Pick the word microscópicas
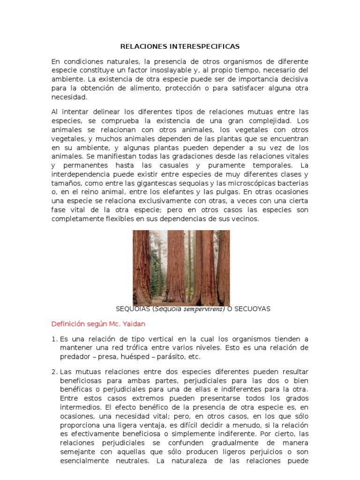[258, 183]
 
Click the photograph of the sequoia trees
[181, 267]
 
